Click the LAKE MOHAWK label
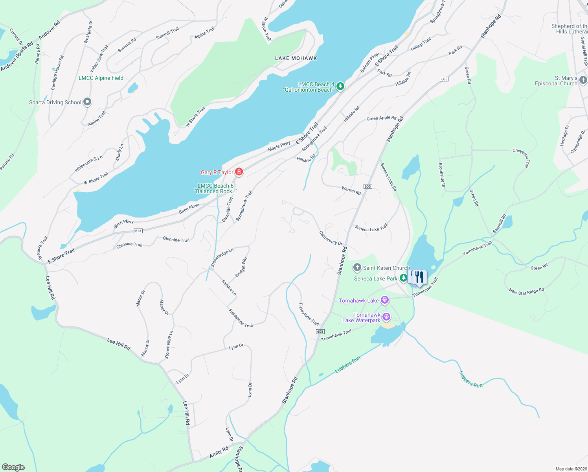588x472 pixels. click(296, 58)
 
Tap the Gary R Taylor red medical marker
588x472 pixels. click(239, 172)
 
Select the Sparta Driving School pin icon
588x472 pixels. click(87, 102)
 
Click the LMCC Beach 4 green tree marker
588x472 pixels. click(340, 86)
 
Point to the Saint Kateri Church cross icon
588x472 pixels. click(357, 268)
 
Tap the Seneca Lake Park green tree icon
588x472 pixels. click(403, 278)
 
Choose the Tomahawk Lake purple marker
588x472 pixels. click(384, 301)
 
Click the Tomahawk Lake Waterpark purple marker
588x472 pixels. click(386, 317)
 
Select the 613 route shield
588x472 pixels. click(138, 231)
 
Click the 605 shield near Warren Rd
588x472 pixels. click(367, 186)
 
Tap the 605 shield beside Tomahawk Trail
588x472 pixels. click(320, 332)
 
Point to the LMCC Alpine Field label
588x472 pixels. click(101, 78)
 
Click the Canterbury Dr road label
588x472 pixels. click(331, 238)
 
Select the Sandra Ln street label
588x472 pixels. click(229, 288)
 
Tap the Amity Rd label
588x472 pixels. click(219, 452)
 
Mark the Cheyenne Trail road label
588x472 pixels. click(521, 158)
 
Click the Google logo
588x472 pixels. click(13, 467)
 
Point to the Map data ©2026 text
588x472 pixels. click(571, 469)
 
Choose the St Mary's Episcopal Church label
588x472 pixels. click(556, 81)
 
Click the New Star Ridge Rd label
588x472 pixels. click(526, 291)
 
